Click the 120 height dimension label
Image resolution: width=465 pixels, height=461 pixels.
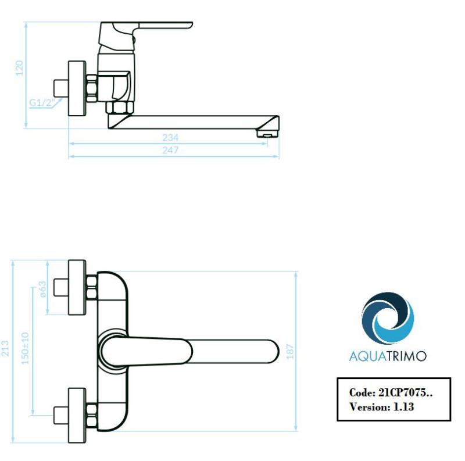[19, 68]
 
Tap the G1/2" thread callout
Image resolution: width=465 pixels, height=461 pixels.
[42, 103]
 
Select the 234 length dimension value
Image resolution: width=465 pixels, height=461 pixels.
[170, 138]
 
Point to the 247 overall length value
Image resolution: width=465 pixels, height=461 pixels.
[170, 151]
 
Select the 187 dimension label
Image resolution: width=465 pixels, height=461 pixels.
[290, 351]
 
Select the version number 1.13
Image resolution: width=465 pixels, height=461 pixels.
[403, 407]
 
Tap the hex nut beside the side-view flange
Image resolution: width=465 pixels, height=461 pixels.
[92, 88]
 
